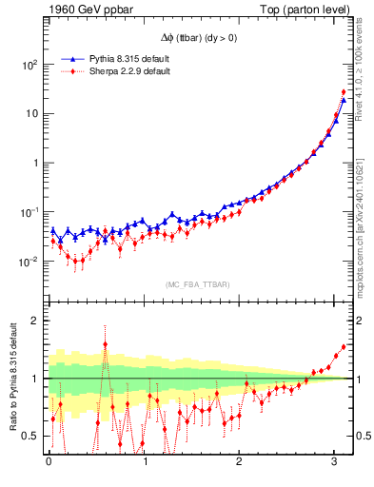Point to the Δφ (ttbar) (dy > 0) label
coord(198,38)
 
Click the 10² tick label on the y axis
coord(30,65)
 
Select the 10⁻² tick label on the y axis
coord(30,261)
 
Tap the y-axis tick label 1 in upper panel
coord(36,163)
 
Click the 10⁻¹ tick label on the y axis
coord(30,212)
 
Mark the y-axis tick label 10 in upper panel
coord(32,114)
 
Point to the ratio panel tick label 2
coord(36,321)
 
